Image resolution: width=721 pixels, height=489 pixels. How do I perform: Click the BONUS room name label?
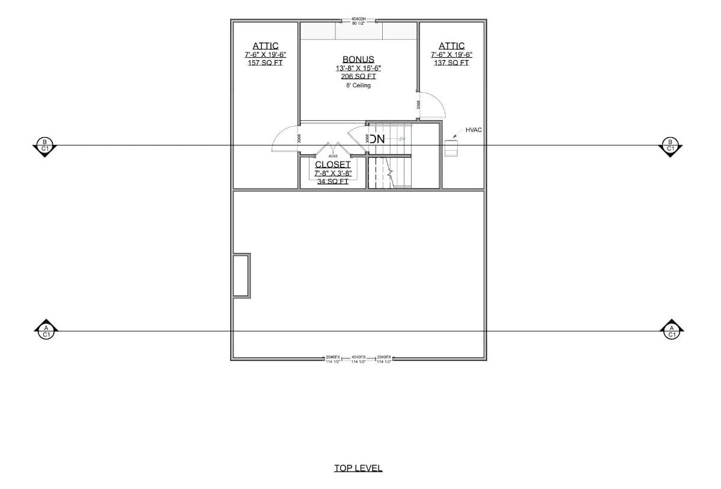pyautogui.click(x=358, y=59)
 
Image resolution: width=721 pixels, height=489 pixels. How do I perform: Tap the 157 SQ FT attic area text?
pyautogui.click(x=265, y=62)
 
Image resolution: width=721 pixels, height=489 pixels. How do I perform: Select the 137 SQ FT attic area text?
pyautogui.click(x=451, y=62)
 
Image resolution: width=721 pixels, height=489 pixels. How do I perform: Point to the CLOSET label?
pyautogui.click(x=333, y=165)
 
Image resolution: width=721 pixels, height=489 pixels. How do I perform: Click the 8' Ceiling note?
pyautogui.click(x=358, y=85)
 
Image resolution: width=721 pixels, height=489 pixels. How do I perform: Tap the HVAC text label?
pyautogui.click(x=473, y=130)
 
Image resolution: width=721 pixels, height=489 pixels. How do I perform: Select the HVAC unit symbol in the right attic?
pyautogui.click(x=451, y=147)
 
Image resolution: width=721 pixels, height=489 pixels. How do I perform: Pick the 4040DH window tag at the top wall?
pyautogui.click(x=358, y=19)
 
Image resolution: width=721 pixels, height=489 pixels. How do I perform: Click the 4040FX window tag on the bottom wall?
pyautogui.click(x=359, y=357)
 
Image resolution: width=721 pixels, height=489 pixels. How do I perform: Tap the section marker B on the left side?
pyautogui.click(x=44, y=145)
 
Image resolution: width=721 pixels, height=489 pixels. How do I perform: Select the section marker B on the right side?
pyautogui.click(x=671, y=145)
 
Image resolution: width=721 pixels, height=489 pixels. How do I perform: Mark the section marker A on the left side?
pyautogui.click(x=46, y=330)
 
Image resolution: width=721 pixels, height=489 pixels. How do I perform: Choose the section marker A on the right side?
pyautogui.click(x=671, y=330)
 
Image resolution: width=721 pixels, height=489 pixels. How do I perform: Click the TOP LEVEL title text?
pyautogui.click(x=358, y=468)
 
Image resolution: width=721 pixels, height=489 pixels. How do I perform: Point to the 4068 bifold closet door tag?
pyautogui.click(x=333, y=156)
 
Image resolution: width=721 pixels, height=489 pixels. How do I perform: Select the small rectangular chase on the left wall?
pyautogui.click(x=241, y=275)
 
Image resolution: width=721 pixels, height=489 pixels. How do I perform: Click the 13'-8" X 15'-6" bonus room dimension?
pyautogui.click(x=358, y=68)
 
